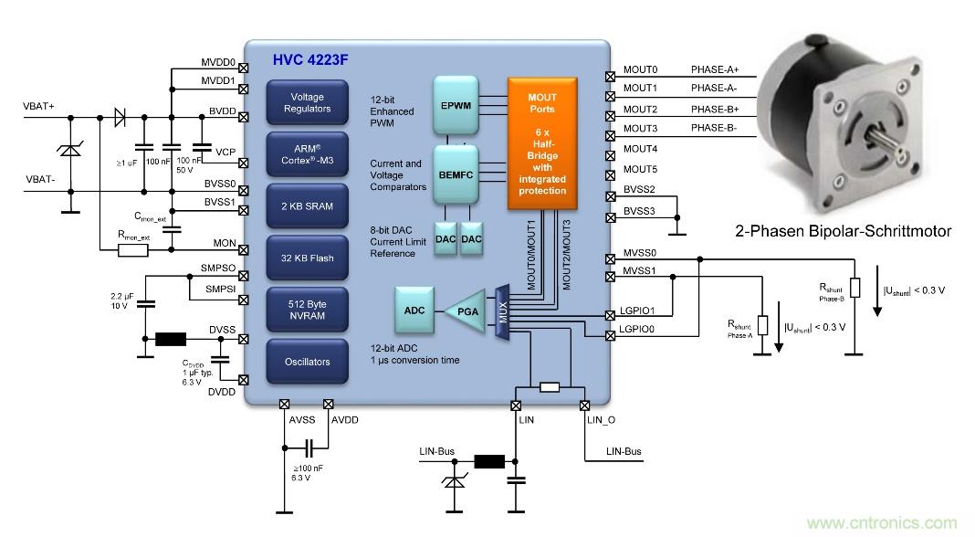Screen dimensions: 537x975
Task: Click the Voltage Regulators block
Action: tap(307, 102)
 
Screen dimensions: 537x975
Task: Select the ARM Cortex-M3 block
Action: tap(307, 154)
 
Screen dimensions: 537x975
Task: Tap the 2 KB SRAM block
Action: tap(307, 206)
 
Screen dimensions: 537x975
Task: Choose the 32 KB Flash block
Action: tap(307, 258)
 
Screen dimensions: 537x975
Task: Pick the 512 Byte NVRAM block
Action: tap(307, 310)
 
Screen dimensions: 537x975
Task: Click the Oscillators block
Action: tap(307, 362)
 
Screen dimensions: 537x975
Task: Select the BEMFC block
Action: tap(456, 173)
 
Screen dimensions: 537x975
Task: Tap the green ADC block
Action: tap(414, 311)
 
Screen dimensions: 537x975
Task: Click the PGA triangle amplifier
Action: tap(467, 311)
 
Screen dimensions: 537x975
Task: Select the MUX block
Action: tap(500, 311)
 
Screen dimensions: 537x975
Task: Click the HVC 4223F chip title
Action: tap(310, 61)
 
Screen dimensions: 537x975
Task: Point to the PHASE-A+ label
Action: tap(715, 69)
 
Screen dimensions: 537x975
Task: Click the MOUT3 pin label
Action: tap(640, 129)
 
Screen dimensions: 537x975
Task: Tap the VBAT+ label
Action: tap(38, 107)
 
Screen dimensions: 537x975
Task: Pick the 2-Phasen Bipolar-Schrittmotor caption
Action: tap(843, 232)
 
